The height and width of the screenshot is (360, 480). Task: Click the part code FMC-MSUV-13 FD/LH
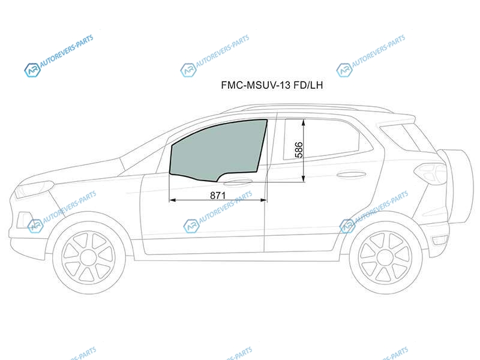click(272, 85)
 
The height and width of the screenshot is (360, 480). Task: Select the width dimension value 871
click(218, 195)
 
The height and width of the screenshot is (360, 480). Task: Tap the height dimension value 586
click(299, 150)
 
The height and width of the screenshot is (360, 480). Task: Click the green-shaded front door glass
click(217, 150)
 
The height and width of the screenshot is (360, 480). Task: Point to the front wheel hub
click(88, 257)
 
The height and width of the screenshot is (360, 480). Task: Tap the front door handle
click(238, 182)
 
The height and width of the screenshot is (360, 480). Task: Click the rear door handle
click(351, 175)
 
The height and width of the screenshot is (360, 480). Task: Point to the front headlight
click(34, 190)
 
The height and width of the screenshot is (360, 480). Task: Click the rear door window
click(322, 139)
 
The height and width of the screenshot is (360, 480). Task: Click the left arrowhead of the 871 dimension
click(172, 200)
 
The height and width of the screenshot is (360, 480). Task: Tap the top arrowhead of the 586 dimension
click(304, 122)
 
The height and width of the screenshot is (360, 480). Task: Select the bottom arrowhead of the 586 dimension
click(304, 178)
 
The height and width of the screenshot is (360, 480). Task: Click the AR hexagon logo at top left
click(32, 70)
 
